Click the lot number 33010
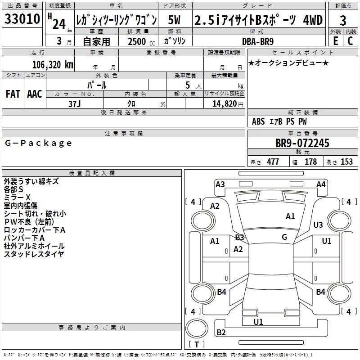click(22, 19)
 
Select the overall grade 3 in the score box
click(343, 20)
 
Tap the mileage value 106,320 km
click(53, 64)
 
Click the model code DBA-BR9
click(258, 41)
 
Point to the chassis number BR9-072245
click(302, 143)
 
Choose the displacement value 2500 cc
click(141, 41)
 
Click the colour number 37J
click(75, 104)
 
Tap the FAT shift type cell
click(13, 94)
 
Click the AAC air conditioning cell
click(35, 94)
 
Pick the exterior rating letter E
click(335, 41)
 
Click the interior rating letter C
click(350, 41)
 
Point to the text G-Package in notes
click(38, 143)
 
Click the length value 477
click(273, 162)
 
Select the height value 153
click(346, 162)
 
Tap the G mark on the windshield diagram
click(284, 237)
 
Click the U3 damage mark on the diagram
click(318, 225)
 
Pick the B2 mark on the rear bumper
click(221, 333)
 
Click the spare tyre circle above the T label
click(197, 328)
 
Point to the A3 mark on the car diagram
click(220, 184)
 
